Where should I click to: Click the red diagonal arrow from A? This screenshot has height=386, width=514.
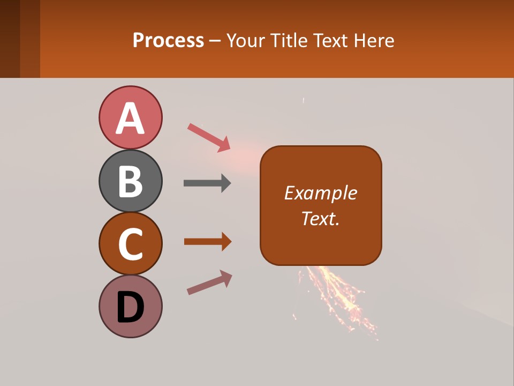[209, 137]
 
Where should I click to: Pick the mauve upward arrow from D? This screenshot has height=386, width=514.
[209, 283]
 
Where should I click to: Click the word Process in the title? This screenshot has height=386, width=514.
[168, 40]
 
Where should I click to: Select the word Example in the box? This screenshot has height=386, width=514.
[320, 193]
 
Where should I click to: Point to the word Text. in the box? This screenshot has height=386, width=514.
[320, 218]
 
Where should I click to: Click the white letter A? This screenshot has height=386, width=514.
[130, 119]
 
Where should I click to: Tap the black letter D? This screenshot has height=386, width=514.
[130, 308]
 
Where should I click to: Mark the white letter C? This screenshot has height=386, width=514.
[130, 244]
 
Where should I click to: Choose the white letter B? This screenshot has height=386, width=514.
[130, 182]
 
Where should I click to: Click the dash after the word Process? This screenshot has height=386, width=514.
[215, 41]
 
